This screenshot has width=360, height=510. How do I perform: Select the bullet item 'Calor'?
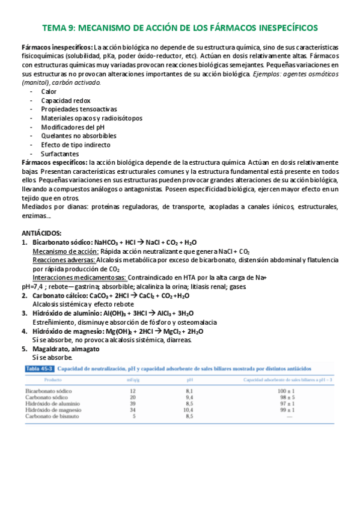pyautogui.click(x=49, y=91)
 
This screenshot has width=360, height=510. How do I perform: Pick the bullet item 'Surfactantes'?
pyautogui.click(x=59, y=154)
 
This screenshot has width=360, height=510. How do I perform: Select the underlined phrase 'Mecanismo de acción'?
pyautogui.click(x=63, y=251)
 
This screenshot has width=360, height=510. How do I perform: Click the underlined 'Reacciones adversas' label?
pyautogui.click(x=63, y=260)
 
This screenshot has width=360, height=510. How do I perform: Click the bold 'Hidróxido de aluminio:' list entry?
pyautogui.click(x=66, y=313)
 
